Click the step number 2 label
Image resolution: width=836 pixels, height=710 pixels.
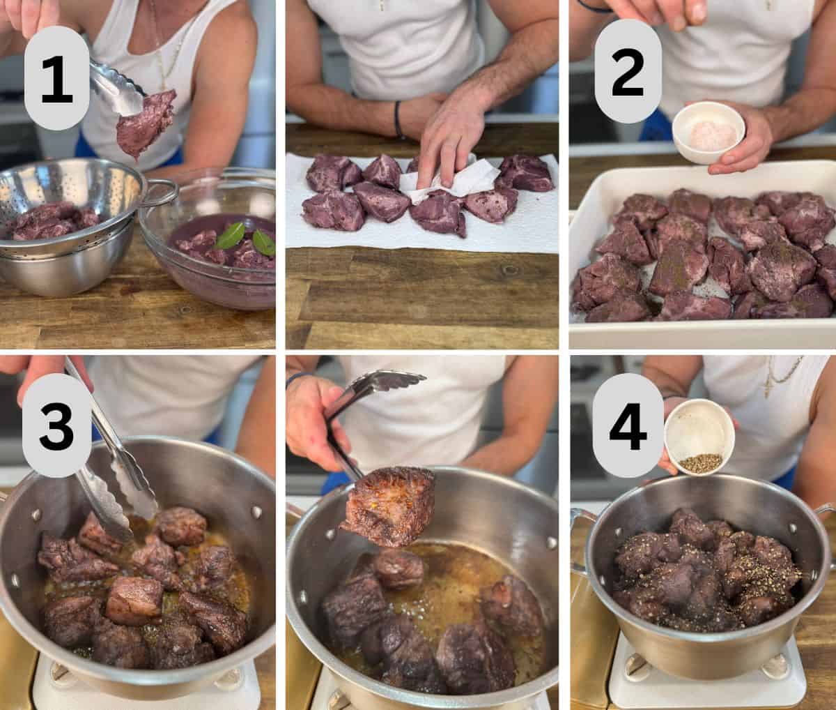pos(628,71)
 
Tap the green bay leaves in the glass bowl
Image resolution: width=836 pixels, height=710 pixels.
pos(244,239)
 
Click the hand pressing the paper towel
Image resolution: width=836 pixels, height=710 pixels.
pos(453,136)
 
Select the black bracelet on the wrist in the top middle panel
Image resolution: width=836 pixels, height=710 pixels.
pos(399,119)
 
